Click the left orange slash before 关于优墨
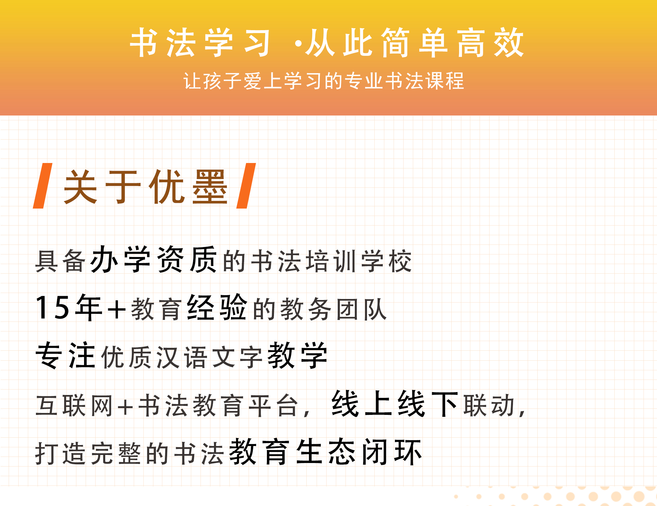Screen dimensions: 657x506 click(x=43, y=186)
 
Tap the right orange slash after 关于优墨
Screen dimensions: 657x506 click(x=246, y=186)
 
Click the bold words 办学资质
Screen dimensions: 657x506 click(x=153, y=259)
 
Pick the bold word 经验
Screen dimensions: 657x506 click(x=217, y=307)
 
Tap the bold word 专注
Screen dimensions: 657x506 click(x=65, y=355)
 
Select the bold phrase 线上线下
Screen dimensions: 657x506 click(x=395, y=404)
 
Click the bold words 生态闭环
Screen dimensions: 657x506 click(x=359, y=452)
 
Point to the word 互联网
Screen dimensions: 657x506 click(x=74, y=406)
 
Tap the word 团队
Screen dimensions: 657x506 click(x=362, y=309)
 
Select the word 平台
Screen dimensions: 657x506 click(x=274, y=406)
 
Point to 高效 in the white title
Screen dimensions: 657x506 click(x=491, y=42)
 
